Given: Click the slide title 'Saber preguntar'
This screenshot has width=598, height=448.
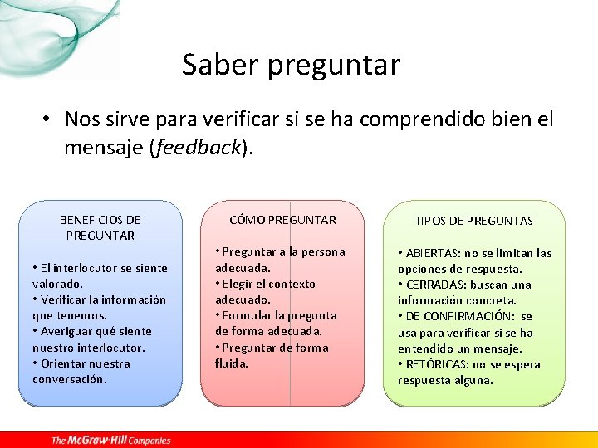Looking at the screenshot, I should pos(291,64).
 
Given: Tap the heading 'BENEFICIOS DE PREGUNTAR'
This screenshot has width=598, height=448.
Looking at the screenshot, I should pos(100,227).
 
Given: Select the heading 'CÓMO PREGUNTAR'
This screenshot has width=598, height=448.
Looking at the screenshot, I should pos(282,220).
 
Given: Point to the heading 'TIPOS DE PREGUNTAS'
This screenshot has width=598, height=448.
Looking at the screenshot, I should pos(474,221).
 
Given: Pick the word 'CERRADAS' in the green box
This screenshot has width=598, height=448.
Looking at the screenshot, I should pos(434,285).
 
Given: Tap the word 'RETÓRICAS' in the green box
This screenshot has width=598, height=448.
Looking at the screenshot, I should pos(436,364).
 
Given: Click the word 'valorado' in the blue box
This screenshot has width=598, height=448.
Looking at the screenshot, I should pos(56,284).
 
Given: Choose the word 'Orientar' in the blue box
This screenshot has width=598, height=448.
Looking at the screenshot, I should pos(64,363).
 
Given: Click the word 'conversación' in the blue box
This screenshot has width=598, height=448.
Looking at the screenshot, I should pos(69,379).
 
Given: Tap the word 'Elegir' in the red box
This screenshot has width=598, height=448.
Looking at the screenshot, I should pos(239,284).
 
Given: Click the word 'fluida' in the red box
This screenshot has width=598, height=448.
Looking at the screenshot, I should pos(231,363).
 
